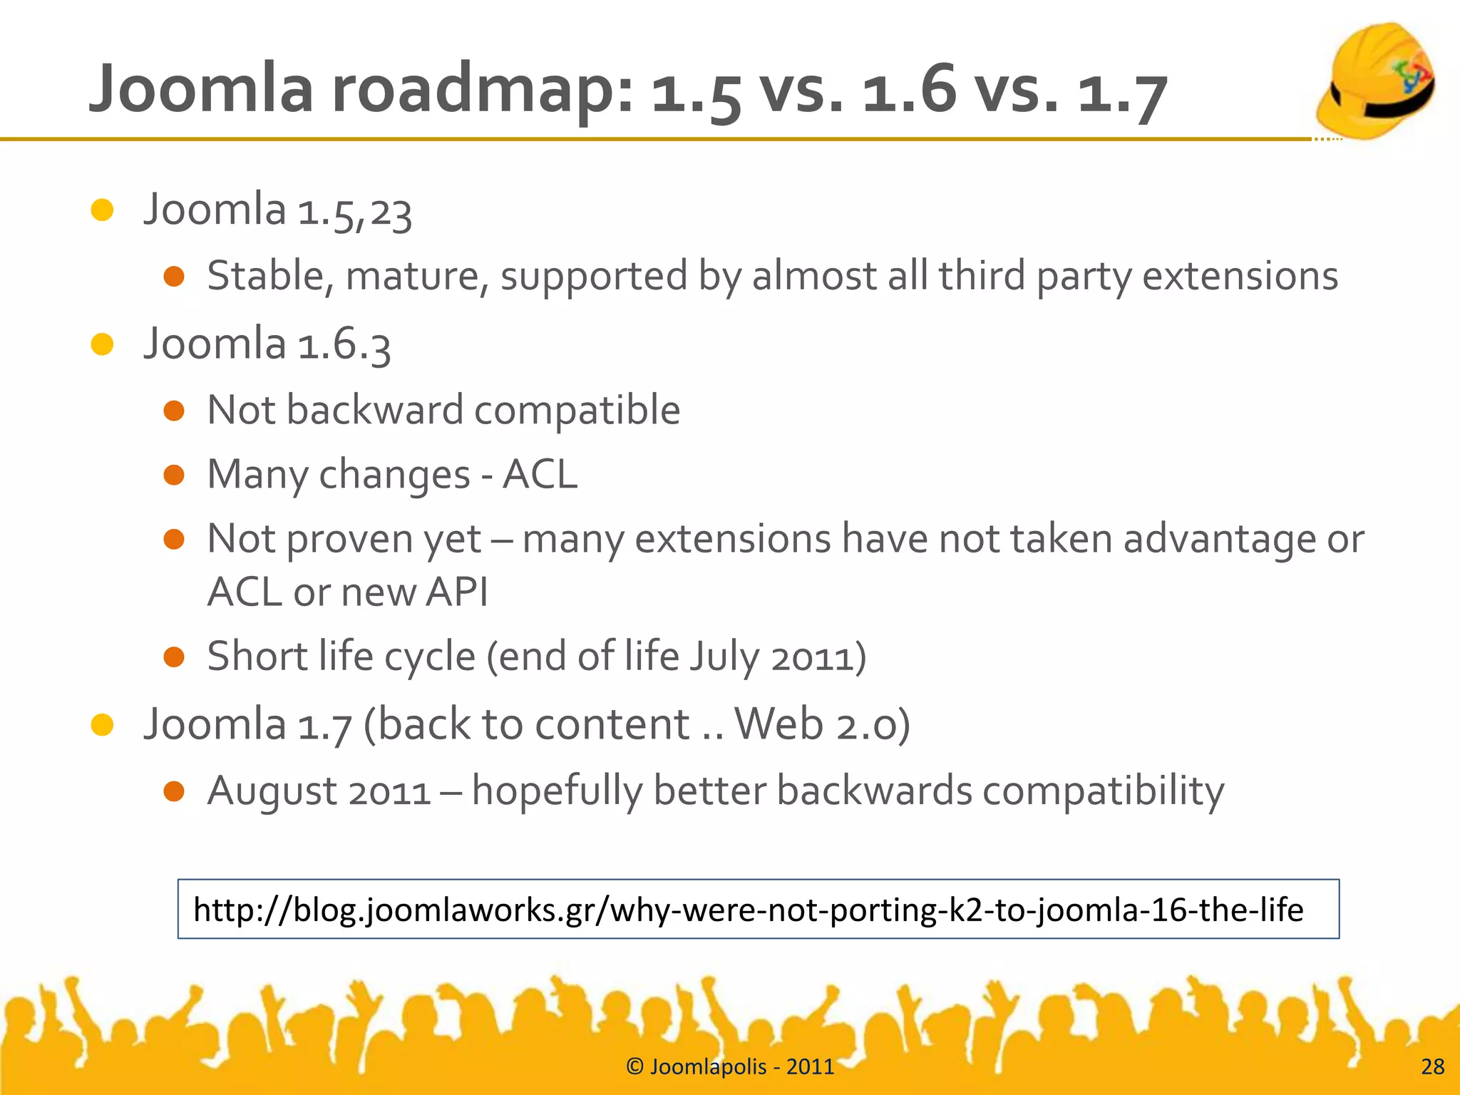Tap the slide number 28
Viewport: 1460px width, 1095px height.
(x=1432, y=1066)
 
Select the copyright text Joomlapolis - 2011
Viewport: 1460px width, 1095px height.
(x=730, y=1066)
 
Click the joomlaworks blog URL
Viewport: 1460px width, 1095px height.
(x=748, y=910)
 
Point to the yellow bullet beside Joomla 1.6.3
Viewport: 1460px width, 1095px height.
(x=103, y=344)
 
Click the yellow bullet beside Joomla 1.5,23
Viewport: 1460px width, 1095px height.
(x=103, y=210)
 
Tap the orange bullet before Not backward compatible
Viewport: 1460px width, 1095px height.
(x=174, y=411)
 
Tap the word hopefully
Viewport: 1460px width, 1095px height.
(x=556, y=791)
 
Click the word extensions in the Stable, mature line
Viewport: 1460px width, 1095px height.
(x=1240, y=276)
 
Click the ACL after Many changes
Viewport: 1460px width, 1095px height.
(x=540, y=474)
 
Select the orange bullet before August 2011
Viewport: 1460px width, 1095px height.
(x=174, y=791)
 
